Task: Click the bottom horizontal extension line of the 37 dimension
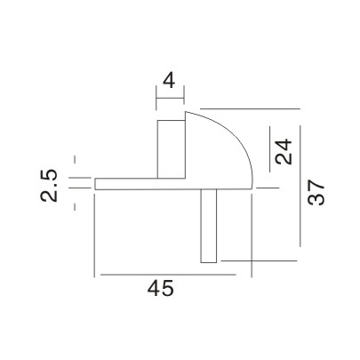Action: [x=258, y=260]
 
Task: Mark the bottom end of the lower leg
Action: [x=209, y=261]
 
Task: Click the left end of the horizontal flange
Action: [x=96, y=183]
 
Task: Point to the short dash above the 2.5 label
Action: [x=76, y=160]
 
